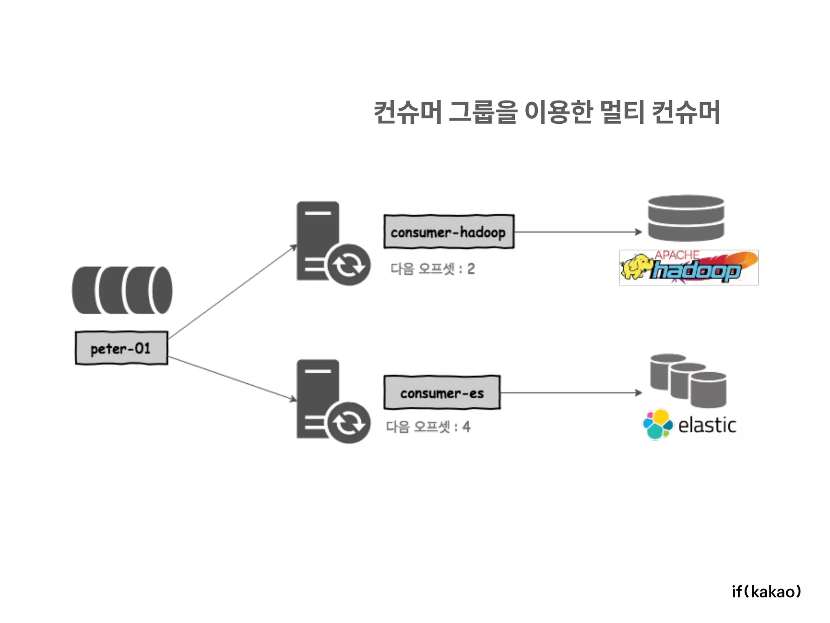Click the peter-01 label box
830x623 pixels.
[x=121, y=348]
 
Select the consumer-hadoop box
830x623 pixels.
[x=449, y=232]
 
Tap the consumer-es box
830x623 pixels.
[x=442, y=393]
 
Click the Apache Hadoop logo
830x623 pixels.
[x=689, y=268]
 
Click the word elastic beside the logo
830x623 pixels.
[x=707, y=425]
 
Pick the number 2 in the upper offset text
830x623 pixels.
[x=471, y=269]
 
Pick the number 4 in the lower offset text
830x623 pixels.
[x=466, y=427]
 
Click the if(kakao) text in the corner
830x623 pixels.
[x=766, y=591]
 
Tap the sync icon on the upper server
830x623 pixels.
[x=349, y=265]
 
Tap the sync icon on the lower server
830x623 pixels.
[x=349, y=423]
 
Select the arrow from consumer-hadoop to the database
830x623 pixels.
[x=578, y=232]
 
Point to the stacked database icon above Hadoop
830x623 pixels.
[x=686, y=218]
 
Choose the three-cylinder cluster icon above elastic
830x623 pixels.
[x=688, y=380]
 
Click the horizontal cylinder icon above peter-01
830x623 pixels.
[x=122, y=290]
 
